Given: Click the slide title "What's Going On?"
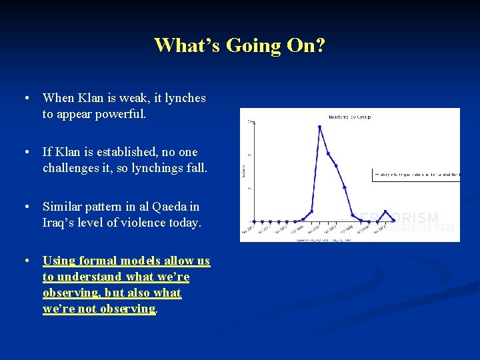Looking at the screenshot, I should (240, 45).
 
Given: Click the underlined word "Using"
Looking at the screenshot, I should (59, 261).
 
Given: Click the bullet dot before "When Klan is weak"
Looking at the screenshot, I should (25, 98).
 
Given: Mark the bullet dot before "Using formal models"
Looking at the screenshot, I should (25, 261).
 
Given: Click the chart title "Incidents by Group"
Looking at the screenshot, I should (349, 117).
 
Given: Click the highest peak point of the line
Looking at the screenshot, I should (319, 127).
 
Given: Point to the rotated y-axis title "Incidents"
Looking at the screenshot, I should (245, 172).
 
